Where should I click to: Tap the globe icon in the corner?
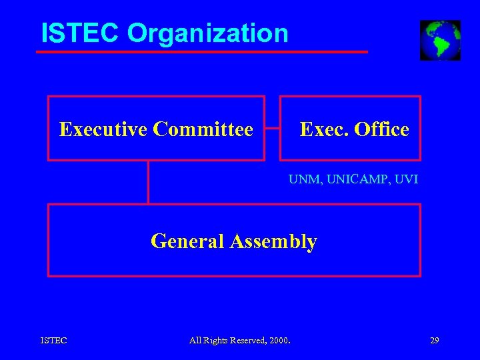click(440, 40)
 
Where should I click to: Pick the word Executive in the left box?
click(103, 129)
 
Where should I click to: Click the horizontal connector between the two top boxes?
click(272, 128)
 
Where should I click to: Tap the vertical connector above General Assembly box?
click(148, 182)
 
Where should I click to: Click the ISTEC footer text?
click(53, 341)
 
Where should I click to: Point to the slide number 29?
click(435, 341)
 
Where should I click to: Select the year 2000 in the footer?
click(280, 341)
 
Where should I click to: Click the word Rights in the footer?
click(215, 341)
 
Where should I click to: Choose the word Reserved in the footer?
click(248, 341)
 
